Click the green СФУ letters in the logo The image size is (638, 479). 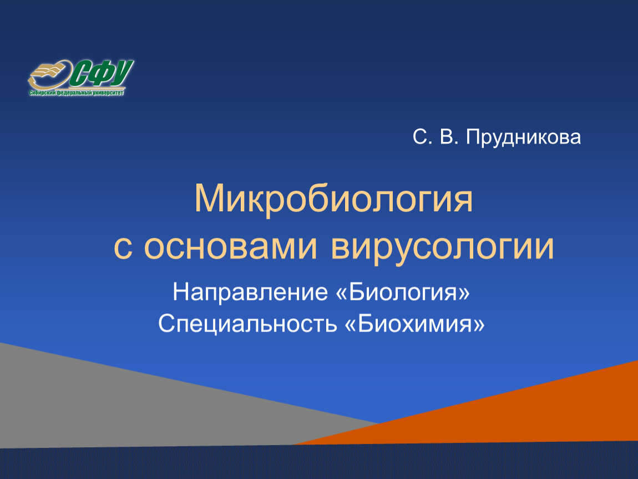coord(102,74)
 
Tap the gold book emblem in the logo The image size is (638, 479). coord(49,75)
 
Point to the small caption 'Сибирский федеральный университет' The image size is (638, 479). coord(76,93)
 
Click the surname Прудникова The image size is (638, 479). coord(523,137)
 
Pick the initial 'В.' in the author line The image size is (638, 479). coord(449,137)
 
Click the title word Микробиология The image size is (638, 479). coord(333,199)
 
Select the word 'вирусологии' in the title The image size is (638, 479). coord(443,247)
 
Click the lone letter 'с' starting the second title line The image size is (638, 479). coord(123,247)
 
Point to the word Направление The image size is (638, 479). coord(250,292)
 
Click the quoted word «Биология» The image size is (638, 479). coord(403,292)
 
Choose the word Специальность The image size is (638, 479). coord(248,324)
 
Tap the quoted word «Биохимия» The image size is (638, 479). coord(414,324)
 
